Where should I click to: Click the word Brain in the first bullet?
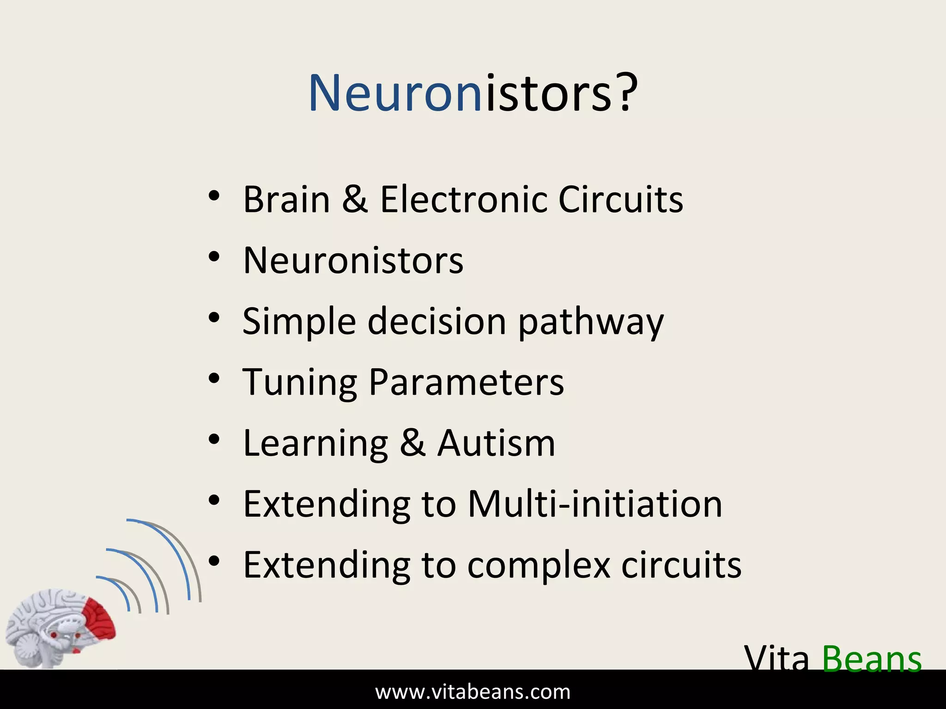pos(286,199)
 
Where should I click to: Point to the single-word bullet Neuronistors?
pos(353,260)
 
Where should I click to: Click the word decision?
pos(437,321)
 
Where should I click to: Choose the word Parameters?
pos(466,382)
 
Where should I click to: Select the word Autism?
pos(496,443)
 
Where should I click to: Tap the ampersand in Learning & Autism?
pos(412,443)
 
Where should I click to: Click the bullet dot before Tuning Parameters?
pos(213,379)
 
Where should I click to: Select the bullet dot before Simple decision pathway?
pos(213,318)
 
